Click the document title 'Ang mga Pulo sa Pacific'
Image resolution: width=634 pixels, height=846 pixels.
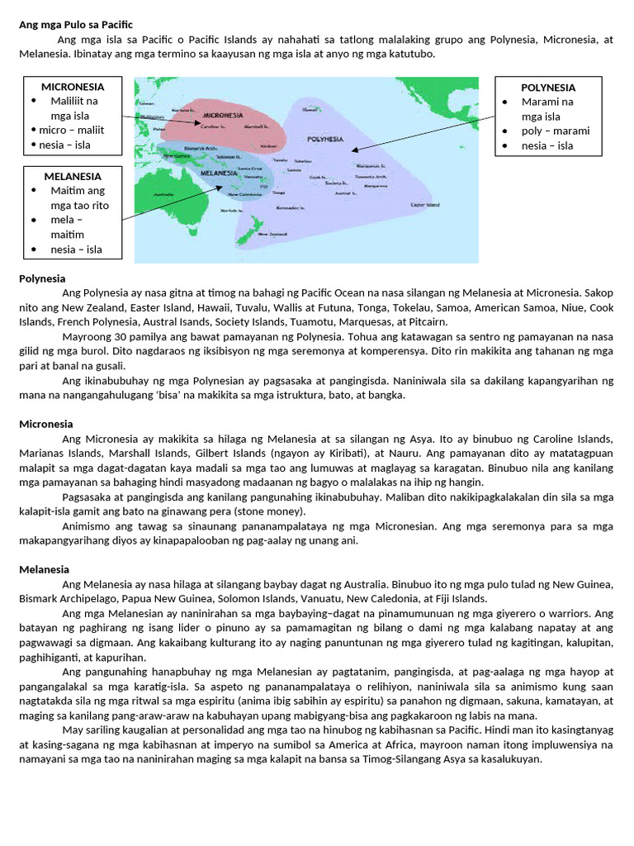75,25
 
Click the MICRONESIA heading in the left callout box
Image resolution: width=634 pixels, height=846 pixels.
73,86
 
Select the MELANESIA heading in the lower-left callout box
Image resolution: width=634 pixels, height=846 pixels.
73,176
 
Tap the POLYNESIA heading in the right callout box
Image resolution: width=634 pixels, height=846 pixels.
548,87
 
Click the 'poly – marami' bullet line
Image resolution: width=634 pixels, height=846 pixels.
555,131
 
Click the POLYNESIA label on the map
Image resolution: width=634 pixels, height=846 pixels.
324,139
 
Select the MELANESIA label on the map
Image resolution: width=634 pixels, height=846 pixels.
213,173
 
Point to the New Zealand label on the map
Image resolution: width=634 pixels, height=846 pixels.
272,235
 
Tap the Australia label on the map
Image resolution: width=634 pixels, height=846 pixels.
164,195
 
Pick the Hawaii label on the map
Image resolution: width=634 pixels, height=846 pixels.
310,109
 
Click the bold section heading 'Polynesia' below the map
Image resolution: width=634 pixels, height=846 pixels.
42,278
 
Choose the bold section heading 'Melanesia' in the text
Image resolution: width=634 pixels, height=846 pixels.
44,569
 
